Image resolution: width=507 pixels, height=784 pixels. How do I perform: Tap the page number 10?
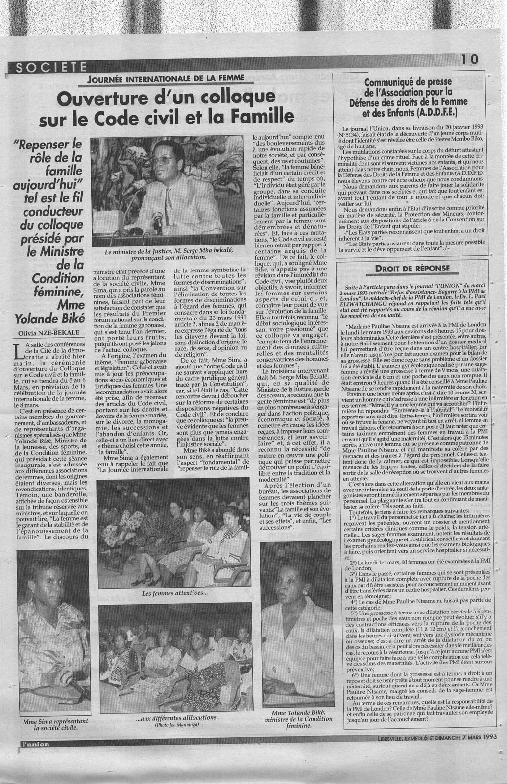point(469,59)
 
